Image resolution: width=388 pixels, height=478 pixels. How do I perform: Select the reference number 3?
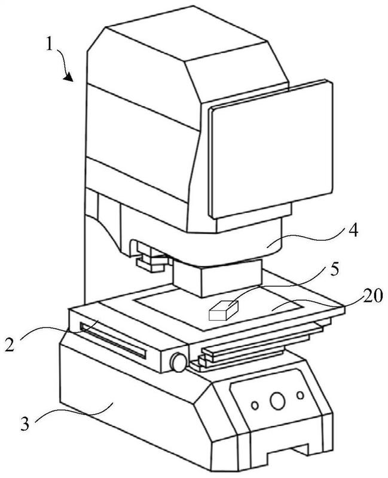(25, 424)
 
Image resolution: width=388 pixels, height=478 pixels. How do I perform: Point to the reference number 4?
(353, 231)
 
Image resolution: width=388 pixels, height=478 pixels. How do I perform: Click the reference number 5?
(335, 270)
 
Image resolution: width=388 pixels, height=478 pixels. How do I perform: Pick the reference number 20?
(372, 295)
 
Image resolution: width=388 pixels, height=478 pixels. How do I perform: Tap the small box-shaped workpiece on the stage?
(223, 311)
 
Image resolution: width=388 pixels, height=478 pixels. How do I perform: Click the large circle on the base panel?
(277, 401)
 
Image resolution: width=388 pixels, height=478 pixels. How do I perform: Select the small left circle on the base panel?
(255, 406)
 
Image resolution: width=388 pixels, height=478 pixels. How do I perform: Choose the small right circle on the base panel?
(301, 396)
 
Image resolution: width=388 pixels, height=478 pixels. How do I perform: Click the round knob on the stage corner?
(178, 362)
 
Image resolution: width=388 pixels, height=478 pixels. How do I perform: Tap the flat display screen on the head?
(271, 149)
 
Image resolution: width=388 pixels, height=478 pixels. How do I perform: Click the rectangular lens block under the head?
(218, 277)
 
